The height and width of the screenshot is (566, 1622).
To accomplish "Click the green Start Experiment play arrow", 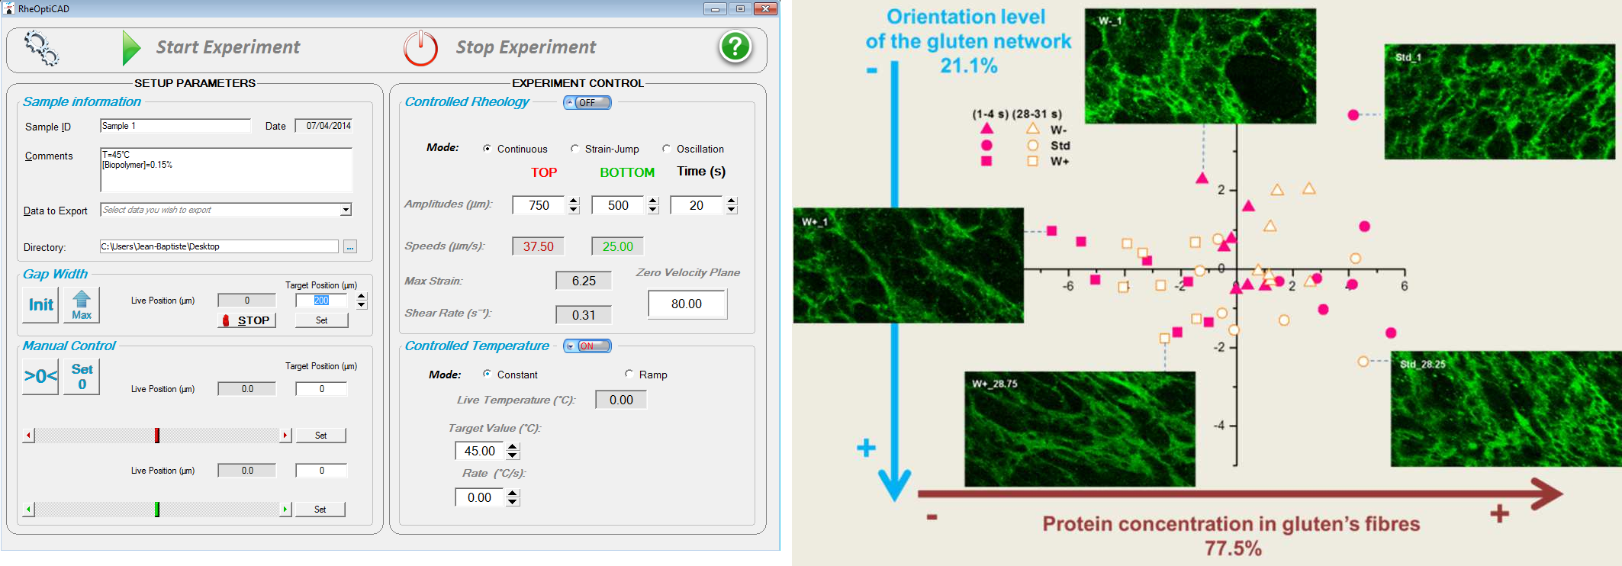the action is [x=131, y=48].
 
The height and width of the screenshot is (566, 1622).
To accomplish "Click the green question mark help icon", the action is [x=735, y=47].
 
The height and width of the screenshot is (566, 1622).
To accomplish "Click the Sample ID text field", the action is [x=175, y=126].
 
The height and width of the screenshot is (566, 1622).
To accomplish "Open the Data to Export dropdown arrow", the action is [x=346, y=210].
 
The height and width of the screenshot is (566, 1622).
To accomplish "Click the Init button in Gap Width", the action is [x=40, y=305].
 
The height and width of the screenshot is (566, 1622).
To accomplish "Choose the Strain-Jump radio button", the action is [x=574, y=149].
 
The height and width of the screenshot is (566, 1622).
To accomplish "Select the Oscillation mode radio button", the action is [x=666, y=149].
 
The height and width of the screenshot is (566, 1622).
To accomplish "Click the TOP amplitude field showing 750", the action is [x=539, y=205].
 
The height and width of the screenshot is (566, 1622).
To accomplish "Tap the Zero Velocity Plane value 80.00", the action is [x=687, y=304].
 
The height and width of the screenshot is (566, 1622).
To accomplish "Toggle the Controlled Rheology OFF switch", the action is [x=587, y=103].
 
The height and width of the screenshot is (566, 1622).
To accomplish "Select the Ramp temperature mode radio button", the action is [x=629, y=374].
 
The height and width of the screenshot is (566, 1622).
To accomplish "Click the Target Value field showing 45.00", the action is [x=480, y=451].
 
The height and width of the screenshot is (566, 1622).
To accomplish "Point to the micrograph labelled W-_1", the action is [x=1200, y=66].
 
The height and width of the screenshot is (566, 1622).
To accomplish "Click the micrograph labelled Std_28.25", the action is [x=1505, y=409].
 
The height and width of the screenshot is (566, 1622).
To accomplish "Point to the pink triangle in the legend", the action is [x=986, y=129].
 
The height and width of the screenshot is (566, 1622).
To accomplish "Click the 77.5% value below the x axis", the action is [x=1233, y=548].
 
